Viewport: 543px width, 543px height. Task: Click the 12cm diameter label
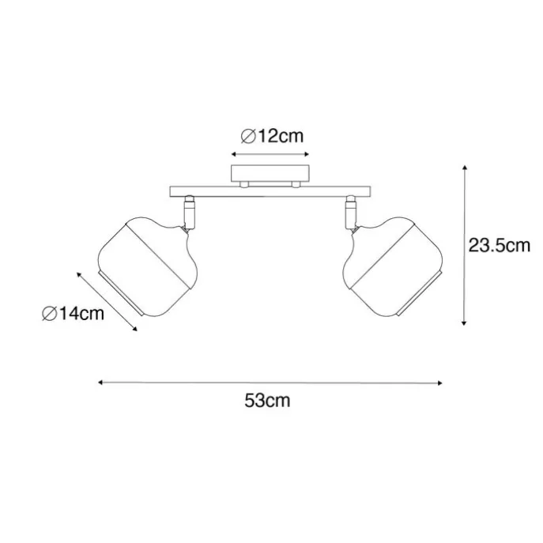[272, 136]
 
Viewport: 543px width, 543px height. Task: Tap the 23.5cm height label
[500, 246]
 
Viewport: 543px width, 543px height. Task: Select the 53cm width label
[267, 401]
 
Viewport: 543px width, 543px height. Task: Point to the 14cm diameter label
[73, 314]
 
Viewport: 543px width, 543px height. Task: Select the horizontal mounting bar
[270, 191]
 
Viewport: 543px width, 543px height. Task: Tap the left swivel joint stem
[189, 212]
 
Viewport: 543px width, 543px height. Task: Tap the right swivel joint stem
[350, 212]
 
